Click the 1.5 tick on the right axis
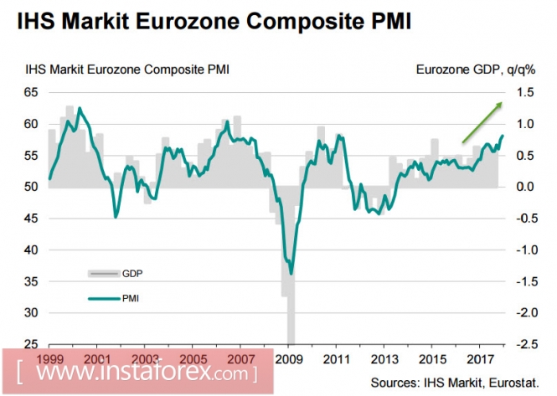pos(524,93)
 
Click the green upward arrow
pos(482,121)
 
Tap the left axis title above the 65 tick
pos(126,70)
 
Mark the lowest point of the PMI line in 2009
pos(291,273)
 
